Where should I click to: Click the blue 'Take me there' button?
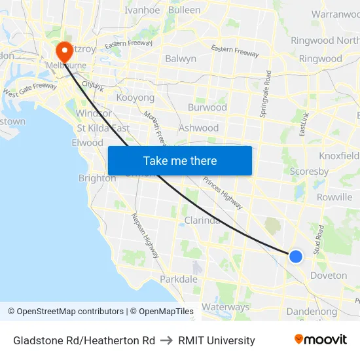[x=180, y=161]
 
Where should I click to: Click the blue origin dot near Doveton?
[x=296, y=257]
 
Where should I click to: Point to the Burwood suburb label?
[x=207, y=107]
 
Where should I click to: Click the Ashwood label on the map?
[x=198, y=128]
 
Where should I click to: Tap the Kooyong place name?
[x=135, y=98]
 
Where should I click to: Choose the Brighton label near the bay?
[x=97, y=178]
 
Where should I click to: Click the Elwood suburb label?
[x=87, y=143]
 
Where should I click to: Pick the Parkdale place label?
[x=179, y=279]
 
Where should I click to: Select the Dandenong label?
[x=312, y=312]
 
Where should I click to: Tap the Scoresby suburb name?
[x=309, y=171]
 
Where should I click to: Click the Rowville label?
[x=334, y=197]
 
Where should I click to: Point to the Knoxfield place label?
[x=339, y=156]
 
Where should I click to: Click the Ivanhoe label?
[x=142, y=10]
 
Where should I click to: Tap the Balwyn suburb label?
[x=181, y=58]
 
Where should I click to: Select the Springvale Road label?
[x=266, y=94]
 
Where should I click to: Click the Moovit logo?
[x=320, y=340]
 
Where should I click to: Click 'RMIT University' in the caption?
[x=217, y=340]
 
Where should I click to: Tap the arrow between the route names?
[x=166, y=340]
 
